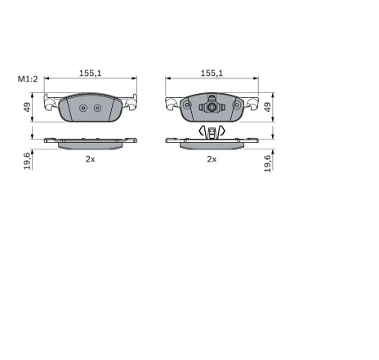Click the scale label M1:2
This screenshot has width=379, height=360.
pos(27,79)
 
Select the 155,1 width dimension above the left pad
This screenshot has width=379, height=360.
pos(90,73)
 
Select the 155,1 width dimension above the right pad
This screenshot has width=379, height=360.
pos(212,73)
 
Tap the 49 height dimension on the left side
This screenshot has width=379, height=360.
pos(27,107)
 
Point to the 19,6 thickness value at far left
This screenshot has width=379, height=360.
pos(27,160)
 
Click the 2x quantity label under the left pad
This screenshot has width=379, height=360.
pos(90,159)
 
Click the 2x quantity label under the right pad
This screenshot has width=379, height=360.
pos(212,159)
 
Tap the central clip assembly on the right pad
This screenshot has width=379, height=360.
pos(212,105)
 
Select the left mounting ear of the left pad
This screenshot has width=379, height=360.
pos(51,104)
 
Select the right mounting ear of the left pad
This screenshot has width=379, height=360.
pos(128,104)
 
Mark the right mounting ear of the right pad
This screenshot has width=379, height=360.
pos(251,104)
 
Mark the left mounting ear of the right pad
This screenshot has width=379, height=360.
pos(173,104)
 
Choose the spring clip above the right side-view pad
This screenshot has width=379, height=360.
pos(212,131)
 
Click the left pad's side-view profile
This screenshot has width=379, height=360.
pos(90,142)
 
